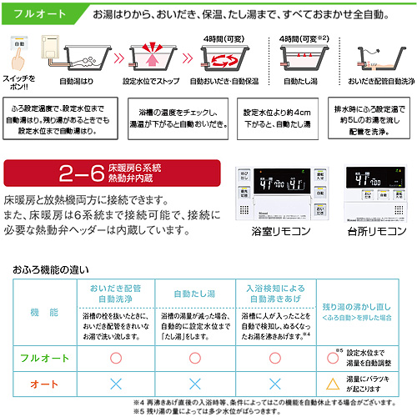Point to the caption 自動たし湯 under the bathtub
(x=301, y=83)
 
